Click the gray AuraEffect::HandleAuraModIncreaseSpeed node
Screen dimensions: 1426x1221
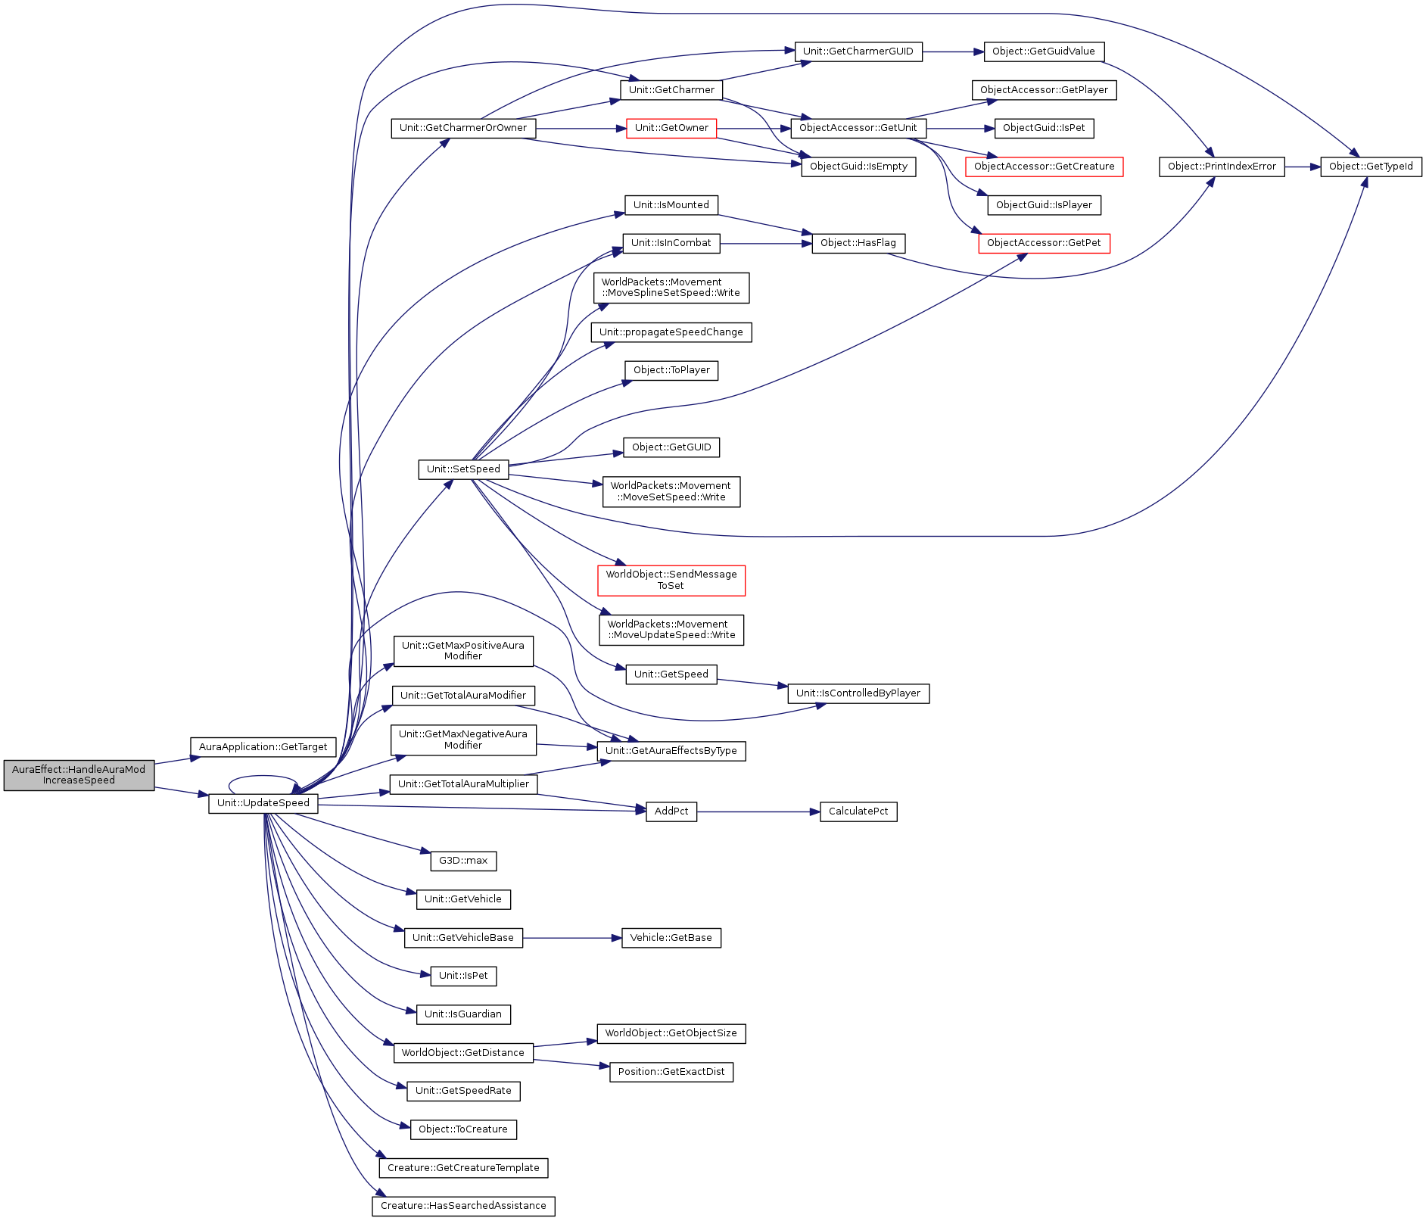pos(79,775)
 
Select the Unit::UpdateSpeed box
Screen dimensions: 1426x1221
pos(263,803)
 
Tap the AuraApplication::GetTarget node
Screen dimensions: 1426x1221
pos(263,747)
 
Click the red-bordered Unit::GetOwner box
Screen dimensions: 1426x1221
pos(671,128)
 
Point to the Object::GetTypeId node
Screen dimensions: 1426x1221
pos(1371,167)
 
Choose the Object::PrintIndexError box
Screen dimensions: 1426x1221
pos(1222,167)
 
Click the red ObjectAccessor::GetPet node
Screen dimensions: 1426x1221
pos(1044,243)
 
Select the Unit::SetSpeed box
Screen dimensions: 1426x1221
pos(463,469)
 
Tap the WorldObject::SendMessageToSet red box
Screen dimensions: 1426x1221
pos(671,580)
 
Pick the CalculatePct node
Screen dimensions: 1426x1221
pos(858,811)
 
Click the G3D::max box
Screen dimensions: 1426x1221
pos(463,861)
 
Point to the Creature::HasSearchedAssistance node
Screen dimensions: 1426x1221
pos(463,1206)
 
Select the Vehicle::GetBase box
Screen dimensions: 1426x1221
pos(671,938)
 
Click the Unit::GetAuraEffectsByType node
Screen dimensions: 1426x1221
pos(671,751)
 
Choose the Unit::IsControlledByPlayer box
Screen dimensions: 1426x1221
pos(858,693)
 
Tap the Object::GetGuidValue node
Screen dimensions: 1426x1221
pos(1044,51)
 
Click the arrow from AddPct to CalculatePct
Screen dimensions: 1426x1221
pos(758,811)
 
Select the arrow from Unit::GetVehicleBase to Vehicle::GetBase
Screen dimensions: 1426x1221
pos(572,938)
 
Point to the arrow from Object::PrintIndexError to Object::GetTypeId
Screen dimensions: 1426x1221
pos(1303,167)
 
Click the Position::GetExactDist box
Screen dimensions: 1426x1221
pos(671,1072)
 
